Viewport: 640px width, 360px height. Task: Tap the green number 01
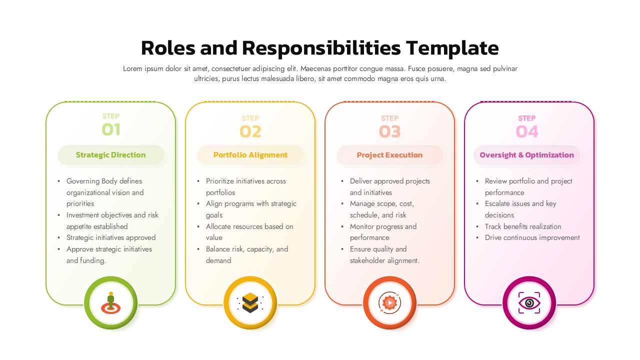[x=111, y=130]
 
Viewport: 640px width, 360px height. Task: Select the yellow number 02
[x=250, y=131]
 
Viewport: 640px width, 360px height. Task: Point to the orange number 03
[x=389, y=131]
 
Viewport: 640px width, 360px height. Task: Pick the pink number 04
[x=527, y=131]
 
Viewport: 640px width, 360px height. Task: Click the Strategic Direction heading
[x=111, y=155]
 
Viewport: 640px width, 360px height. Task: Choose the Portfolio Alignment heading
[x=250, y=155]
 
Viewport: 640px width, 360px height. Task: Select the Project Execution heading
[x=389, y=155]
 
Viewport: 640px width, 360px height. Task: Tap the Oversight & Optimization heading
[x=527, y=155]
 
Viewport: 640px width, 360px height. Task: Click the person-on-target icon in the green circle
[x=110, y=302]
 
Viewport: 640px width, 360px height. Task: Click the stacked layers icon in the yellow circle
[x=250, y=302]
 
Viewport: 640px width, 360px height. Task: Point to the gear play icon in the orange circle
[x=389, y=302]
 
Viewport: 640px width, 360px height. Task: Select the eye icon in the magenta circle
[x=529, y=303]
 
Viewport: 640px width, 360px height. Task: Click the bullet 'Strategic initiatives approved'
[x=111, y=237]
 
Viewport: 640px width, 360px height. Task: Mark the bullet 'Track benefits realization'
[x=523, y=226]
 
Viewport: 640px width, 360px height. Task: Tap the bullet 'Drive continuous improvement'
[x=532, y=237]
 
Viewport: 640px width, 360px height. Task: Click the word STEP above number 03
[x=389, y=118]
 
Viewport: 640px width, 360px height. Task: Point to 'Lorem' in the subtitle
[x=133, y=69]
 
